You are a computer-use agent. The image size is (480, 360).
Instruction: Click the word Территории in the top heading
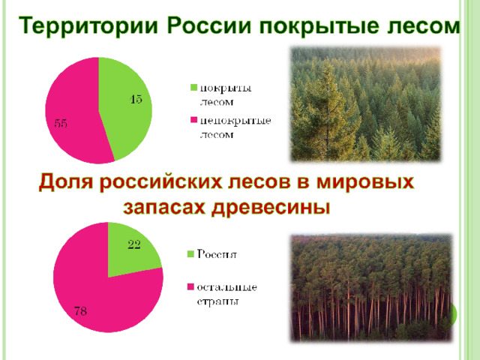88,26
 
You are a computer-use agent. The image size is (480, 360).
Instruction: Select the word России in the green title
209,25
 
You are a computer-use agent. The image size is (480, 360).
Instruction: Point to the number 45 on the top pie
136,99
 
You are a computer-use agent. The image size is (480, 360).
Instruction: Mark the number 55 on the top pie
61,123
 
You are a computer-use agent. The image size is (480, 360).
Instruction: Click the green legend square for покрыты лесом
193,87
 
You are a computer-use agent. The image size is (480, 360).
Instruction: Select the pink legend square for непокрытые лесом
193,120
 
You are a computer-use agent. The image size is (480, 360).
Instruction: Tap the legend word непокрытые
235,121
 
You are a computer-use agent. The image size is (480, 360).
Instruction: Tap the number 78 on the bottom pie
80,311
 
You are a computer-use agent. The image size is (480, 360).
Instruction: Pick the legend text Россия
217,254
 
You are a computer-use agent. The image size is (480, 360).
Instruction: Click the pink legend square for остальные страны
190,286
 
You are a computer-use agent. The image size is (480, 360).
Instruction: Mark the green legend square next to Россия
190,253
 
